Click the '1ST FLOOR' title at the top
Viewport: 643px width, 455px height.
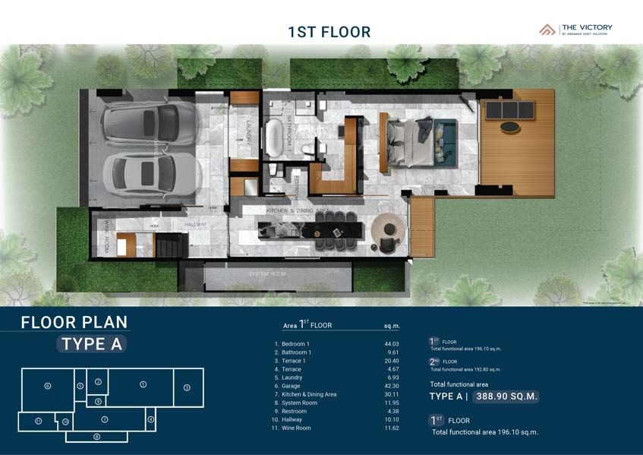pos(329,32)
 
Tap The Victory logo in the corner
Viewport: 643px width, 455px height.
pos(575,30)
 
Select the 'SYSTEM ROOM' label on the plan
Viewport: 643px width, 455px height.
pos(267,273)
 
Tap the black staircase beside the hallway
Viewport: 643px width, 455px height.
pos(168,245)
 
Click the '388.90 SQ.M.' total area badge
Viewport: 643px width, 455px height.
pos(503,397)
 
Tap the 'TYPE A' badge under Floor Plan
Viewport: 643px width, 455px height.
pos(92,343)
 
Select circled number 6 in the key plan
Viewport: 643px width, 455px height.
pos(47,386)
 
